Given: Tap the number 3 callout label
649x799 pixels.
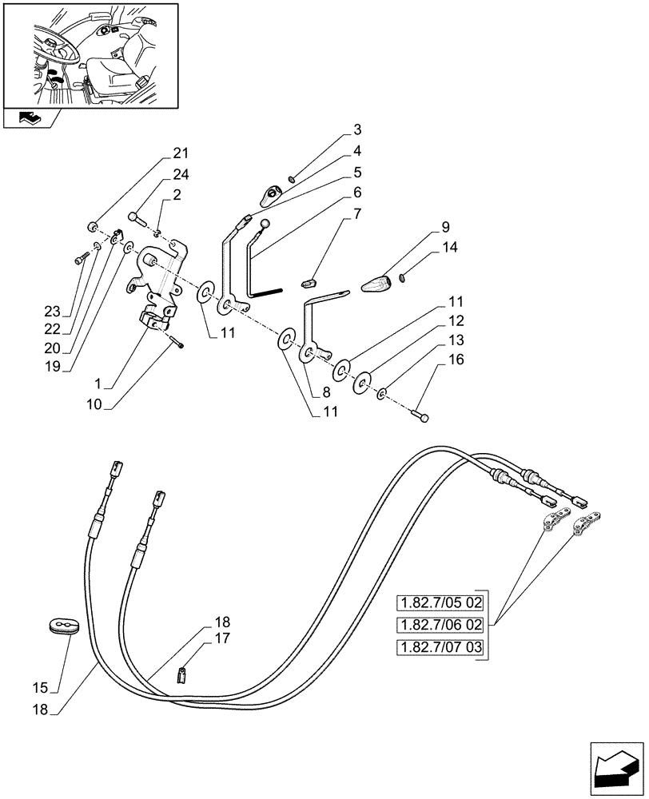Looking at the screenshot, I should [356, 129].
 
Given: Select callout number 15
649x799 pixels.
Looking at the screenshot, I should [39, 687].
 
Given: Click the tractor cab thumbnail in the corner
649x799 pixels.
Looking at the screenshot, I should [90, 54].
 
